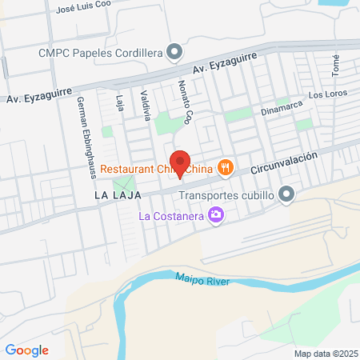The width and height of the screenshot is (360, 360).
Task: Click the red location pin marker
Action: (x=180, y=162)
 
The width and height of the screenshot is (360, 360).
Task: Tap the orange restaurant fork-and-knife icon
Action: (x=227, y=167)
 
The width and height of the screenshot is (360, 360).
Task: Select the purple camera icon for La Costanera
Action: (x=214, y=214)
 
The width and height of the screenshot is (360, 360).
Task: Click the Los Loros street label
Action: (x=327, y=94)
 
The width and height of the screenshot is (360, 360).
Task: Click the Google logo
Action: (x=26, y=350)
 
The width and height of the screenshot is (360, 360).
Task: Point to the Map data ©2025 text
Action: (x=324, y=354)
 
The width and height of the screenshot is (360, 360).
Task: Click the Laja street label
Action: (x=120, y=104)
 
